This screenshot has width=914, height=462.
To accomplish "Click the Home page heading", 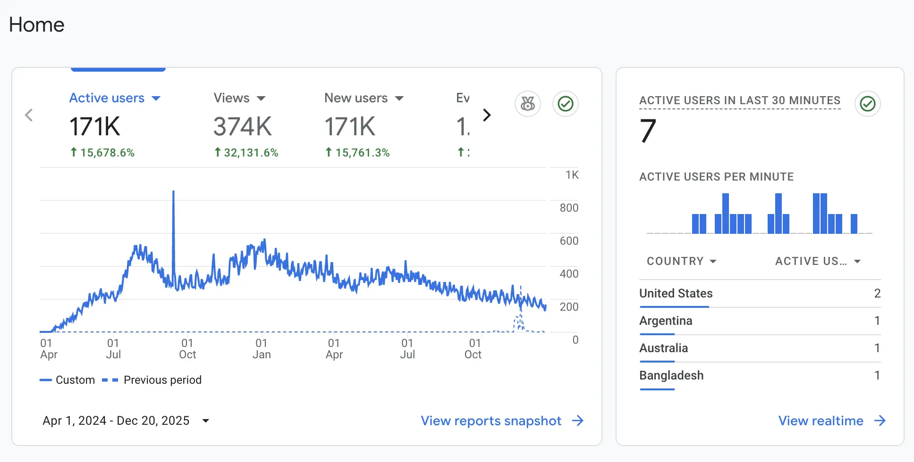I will pos(36,25).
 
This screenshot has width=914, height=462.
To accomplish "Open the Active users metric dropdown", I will pos(156,98).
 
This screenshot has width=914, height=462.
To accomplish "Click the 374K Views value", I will pos(242,126).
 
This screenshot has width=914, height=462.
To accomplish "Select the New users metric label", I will pos(356,98).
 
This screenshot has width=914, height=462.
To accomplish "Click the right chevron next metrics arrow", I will pos(487,115).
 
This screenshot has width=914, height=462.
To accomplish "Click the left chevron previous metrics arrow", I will pos(29,115).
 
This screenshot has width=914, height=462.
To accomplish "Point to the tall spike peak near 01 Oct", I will pos(173,192).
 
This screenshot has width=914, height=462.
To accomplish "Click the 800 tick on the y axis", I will pos(568,208).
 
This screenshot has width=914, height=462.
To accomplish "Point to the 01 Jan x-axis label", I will pos(262,349).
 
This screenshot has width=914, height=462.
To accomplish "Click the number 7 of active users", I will pos(648,131).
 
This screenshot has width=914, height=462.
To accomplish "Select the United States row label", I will pos(676,293).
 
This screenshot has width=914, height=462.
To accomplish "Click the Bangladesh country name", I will pos(671,375).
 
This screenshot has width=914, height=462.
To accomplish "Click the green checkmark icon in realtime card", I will pos(867,104).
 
